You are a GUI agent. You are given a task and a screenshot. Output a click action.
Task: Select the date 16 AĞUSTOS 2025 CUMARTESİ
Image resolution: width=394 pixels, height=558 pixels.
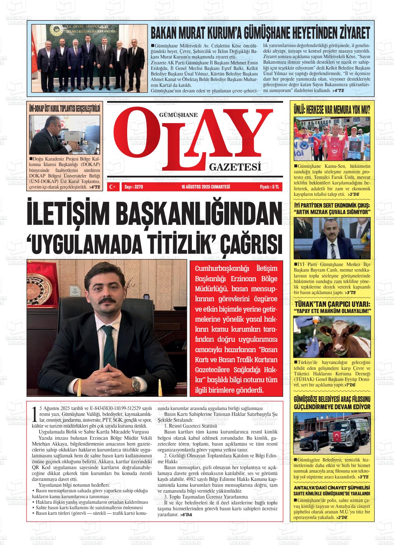206,187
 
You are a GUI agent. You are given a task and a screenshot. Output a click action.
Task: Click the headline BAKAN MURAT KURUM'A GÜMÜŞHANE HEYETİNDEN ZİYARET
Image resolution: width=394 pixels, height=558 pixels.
260,33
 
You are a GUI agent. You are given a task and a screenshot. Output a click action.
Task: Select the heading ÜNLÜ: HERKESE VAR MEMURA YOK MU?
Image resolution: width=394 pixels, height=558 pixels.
332,110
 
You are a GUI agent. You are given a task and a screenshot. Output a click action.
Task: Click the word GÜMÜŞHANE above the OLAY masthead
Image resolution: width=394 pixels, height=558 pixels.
178,116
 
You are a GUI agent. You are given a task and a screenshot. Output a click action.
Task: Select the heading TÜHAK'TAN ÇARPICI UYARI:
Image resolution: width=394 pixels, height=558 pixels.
332,304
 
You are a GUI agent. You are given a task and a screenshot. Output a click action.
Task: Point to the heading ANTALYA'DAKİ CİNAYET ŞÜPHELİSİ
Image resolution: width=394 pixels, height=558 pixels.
332,488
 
